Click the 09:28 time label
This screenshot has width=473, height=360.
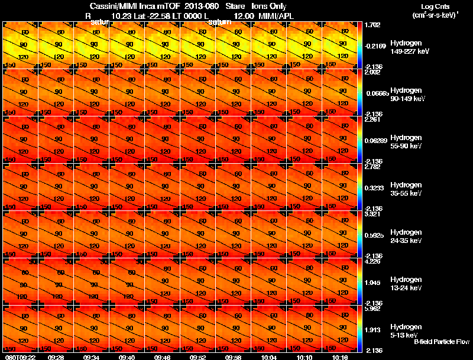[56, 357]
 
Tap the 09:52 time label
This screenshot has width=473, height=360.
[198, 357]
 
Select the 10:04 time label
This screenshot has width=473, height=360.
[269, 357]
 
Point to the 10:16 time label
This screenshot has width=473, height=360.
[340, 357]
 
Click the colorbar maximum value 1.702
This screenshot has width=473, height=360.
[372, 25]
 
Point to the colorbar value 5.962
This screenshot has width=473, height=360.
[372, 309]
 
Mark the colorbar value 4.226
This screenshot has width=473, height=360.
[372, 261]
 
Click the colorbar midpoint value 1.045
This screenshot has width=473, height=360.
[372, 283]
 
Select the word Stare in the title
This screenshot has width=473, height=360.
[235, 5]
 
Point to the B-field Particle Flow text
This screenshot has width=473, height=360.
[442, 342]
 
